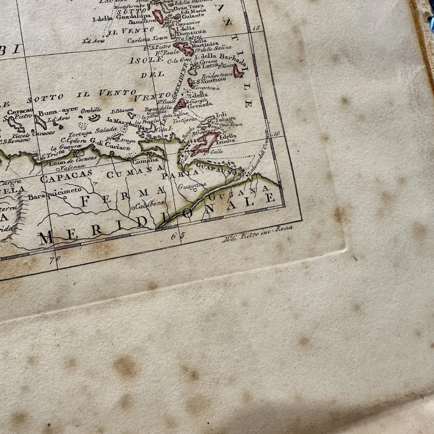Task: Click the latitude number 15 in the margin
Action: pyautogui.click(x=256, y=28)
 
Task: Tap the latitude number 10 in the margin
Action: pyautogui.click(x=277, y=133)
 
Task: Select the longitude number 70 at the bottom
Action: pyautogui.click(x=55, y=259)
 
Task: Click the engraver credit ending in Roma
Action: pyautogui.click(x=258, y=231)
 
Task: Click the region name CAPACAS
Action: pyautogui.click(x=66, y=177)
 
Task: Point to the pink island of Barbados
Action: pyautogui.click(x=238, y=71)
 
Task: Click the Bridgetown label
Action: pyautogui.click(x=217, y=74)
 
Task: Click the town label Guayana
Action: pyautogui.click(x=193, y=185)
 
